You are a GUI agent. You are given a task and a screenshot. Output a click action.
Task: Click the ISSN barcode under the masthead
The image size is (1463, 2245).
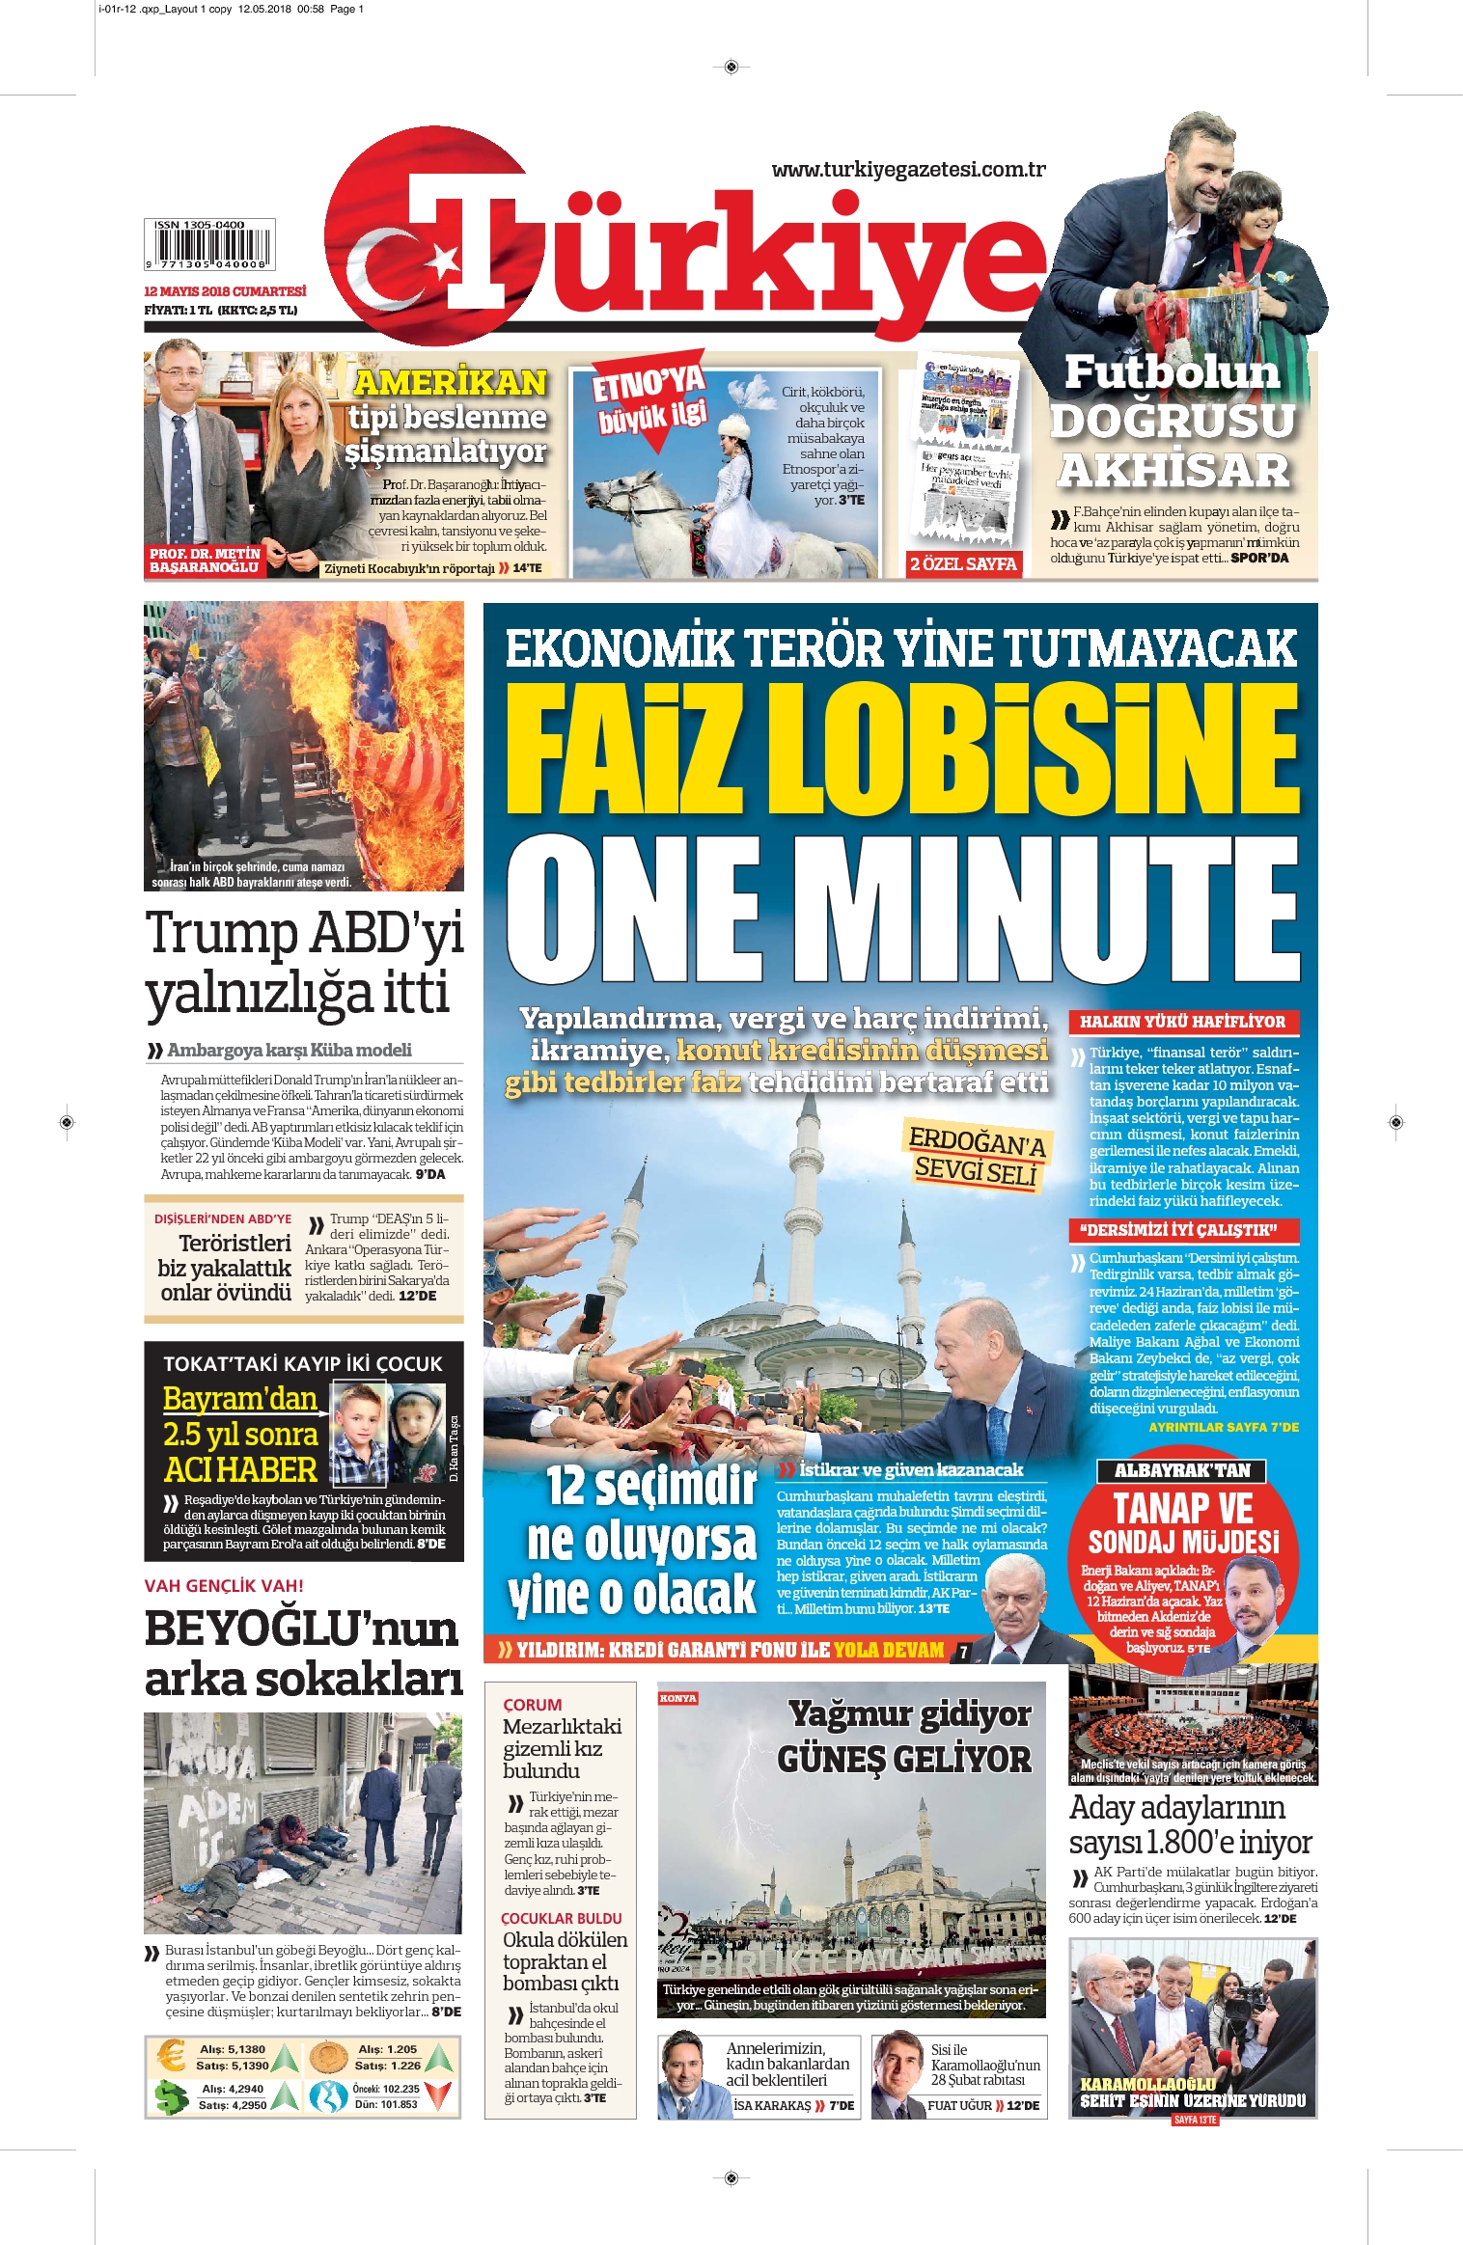click(209, 246)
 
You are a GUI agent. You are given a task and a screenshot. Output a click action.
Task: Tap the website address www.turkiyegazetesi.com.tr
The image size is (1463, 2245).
click(908, 170)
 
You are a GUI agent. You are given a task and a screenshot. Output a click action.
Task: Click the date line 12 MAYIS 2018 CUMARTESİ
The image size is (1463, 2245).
click(225, 291)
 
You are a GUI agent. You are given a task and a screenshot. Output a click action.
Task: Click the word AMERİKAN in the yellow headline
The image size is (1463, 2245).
click(450, 383)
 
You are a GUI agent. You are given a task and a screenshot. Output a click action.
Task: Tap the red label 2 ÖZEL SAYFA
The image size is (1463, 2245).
click(963, 564)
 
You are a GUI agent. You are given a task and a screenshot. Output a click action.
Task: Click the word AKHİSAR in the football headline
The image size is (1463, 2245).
click(1173, 471)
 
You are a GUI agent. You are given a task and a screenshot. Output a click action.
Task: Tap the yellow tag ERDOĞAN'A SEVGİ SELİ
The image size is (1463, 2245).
click(976, 1156)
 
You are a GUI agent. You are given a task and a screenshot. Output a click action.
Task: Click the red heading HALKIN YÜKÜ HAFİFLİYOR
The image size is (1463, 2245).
click(1182, 1022)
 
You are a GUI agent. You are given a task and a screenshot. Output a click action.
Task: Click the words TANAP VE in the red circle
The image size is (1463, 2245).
click(1182, 1507)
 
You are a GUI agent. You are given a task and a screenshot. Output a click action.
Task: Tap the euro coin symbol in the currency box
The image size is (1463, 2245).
click(171, 2056)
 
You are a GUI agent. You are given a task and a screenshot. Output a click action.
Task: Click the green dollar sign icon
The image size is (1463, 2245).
click(171, 2096)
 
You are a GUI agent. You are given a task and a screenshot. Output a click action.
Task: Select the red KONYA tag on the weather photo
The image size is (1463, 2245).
click(677, 1698)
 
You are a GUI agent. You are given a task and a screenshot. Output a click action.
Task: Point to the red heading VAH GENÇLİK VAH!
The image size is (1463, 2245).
click(224, 1585)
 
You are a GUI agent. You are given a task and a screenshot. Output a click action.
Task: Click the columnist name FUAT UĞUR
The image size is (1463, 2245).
click(959, 2105)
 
